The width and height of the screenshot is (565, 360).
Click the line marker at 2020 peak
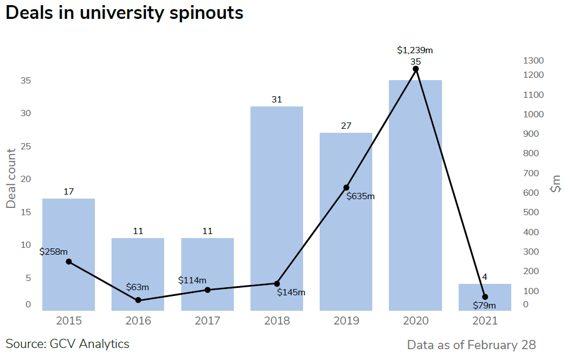pos(416,69)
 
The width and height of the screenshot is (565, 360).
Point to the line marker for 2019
pos(347,188)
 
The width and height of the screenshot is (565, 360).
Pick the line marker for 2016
pos(138,300)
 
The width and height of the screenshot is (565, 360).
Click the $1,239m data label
pos(415,50)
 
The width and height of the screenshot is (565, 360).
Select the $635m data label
pos(361,196)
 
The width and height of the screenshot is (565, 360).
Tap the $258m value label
pos(53,251)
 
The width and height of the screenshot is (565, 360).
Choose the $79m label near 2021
pos(484,305)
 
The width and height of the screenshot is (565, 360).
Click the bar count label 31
pos(277,100)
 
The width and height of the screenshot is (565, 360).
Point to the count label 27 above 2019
pos(346,126)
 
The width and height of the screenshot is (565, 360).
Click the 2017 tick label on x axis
pos(208,321)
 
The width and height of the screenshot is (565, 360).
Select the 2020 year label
pos(416,321)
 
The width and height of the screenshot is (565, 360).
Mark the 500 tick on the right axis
pos(531,212)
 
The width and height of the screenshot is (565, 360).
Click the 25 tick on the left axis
pos(26,147)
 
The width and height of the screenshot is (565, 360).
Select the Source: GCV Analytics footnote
pos(67,344)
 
